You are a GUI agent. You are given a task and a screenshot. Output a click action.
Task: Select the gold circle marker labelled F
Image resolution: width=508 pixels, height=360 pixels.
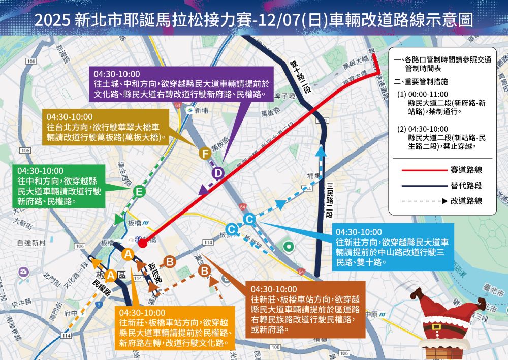point(205,153)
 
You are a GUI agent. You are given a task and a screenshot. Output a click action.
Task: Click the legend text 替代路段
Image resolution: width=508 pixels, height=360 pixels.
point(466,185)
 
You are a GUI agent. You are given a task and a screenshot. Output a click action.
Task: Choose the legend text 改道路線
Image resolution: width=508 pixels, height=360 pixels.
point(466,201)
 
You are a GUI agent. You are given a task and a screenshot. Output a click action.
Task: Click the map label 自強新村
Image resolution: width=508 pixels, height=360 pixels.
point(31,243)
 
